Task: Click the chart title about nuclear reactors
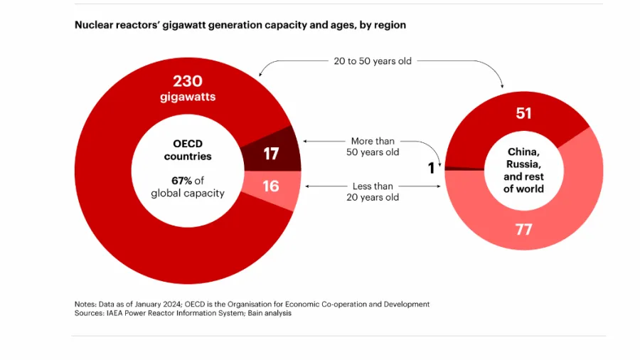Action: (240, 25)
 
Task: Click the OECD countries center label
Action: (188, 150)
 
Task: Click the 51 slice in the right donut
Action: (523, 113)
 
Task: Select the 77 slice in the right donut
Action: (523, 229)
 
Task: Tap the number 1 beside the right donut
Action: (431, 169)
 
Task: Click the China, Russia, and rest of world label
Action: (524, 171)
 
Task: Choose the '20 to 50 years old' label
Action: (373, 61)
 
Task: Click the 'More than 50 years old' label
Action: (373, 147)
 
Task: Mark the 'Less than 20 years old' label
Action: (373, 191)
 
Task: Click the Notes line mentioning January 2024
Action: (252, 304)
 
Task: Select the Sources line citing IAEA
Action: (183, 313)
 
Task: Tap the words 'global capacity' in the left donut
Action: (188, 194)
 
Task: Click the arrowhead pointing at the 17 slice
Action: (306, 142)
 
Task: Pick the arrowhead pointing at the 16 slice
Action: (306, 186)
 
